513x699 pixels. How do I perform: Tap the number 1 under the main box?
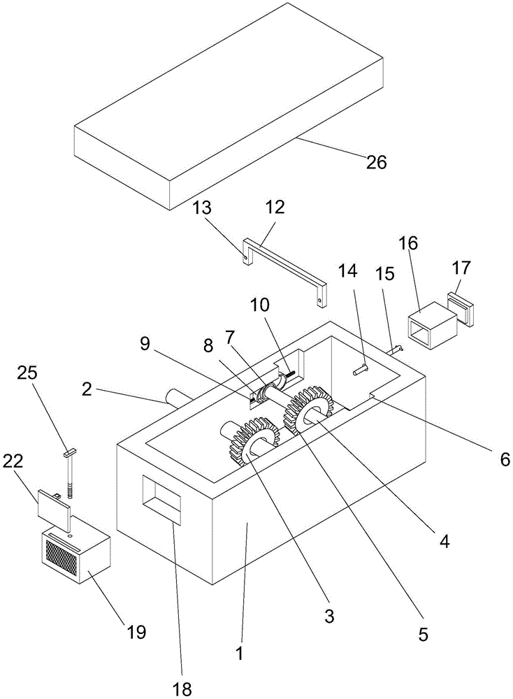[x=240, y=655]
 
